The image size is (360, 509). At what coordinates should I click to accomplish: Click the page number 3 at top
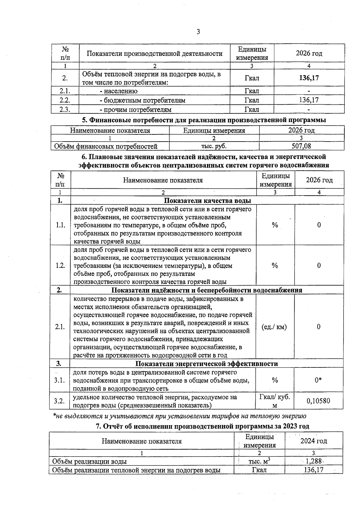click(198, 32)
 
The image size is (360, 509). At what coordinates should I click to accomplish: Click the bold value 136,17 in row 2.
click(309, 78)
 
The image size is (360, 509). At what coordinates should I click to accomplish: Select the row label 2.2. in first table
click(65, 100)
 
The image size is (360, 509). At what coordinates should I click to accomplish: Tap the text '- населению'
click(119, 91)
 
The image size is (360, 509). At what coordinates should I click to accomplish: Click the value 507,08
click(301, 146)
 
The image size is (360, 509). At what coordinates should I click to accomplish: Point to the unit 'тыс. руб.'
click(214, 146)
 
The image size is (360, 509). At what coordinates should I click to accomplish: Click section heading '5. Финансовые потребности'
click(204, 120)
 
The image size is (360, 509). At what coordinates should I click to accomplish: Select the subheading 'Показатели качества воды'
click(207, 201)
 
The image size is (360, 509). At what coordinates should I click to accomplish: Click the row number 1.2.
click(60, 265)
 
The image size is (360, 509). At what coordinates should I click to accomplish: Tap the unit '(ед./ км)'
click(274, 327)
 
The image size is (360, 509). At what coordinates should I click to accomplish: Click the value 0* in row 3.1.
click(318, 380)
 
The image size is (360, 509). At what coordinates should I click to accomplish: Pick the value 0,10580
click(318, 401)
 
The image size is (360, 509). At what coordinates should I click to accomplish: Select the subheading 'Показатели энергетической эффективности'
click(207, 364)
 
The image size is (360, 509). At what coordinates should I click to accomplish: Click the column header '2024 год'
click(313, 441)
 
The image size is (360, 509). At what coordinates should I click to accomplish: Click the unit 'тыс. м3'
click(259, 461)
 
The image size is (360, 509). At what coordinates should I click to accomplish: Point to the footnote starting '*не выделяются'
click(179, 416)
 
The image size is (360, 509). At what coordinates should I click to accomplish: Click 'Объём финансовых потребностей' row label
click(106, 146)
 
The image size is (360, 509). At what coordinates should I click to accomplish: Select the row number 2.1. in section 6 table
click(60, 327)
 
